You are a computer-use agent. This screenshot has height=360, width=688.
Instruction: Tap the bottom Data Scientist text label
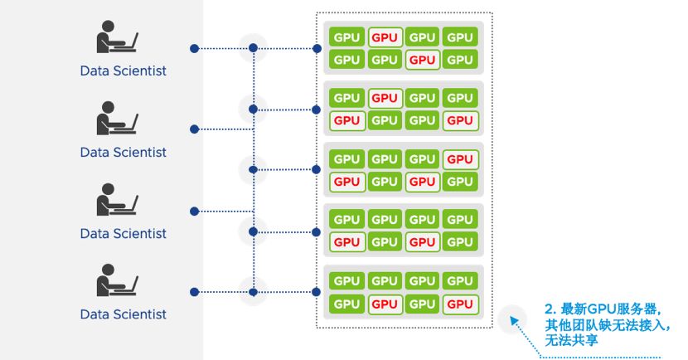coord(123,314)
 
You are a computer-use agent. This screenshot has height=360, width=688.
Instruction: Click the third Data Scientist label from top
coord(123,233)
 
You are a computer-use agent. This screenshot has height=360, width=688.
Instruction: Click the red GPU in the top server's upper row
coord(385,37)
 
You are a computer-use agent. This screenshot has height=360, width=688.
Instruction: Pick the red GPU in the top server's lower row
coord(422,60)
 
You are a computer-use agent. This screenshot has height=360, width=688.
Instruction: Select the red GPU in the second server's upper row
coord(385,98)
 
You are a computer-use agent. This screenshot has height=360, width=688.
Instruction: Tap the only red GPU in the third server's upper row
coord(459,159)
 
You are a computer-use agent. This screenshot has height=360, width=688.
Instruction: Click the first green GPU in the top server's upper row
coord(346,37)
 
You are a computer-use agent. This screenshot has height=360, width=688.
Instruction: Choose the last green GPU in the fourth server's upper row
coord(459,220)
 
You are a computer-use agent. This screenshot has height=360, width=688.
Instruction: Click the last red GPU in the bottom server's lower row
coord(459,304)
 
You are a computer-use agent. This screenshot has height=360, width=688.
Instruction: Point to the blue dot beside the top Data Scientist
coord(194,48)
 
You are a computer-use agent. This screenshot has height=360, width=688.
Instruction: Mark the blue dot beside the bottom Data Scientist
coord(194,292)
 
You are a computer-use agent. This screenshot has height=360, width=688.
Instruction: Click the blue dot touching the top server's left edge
coord(317,48)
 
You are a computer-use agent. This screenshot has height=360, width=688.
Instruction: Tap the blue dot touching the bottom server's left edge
coord(317,292)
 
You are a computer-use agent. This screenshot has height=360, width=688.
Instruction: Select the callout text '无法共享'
coord(571,340)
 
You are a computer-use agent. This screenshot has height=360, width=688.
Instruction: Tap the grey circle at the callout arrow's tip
coord(514,317)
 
